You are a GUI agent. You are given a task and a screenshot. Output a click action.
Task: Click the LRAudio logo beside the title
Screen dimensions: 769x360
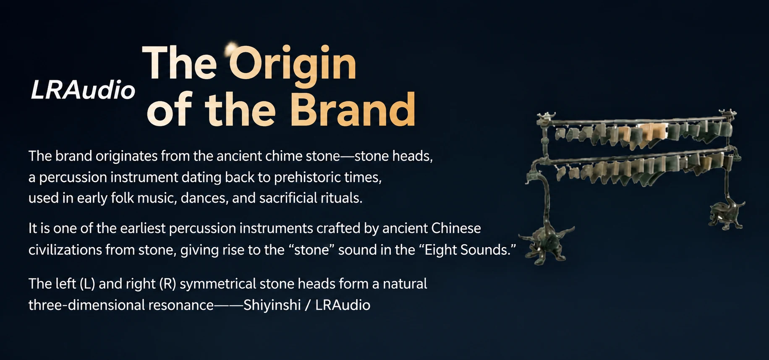[x=83, y=90]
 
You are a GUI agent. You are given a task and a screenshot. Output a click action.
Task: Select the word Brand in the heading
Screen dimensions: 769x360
[x=353, y=110]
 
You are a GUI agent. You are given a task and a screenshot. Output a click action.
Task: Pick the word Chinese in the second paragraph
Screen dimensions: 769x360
[x=456, y=228]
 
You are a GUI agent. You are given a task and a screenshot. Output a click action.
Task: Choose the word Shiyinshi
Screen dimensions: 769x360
[x=272, y=305]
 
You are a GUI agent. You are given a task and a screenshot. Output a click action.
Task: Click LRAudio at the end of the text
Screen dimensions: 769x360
[x=343, y=305]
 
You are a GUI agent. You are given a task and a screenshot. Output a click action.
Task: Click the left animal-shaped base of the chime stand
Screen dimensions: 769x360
[x=545, y=244]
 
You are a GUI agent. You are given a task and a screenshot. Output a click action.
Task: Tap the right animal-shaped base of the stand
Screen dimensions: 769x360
[x=726, y=215]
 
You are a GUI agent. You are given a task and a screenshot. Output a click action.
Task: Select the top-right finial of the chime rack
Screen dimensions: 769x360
[x=728, y=115]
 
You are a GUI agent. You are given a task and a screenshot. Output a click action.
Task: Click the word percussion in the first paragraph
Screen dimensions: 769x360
[x=73, y=177]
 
